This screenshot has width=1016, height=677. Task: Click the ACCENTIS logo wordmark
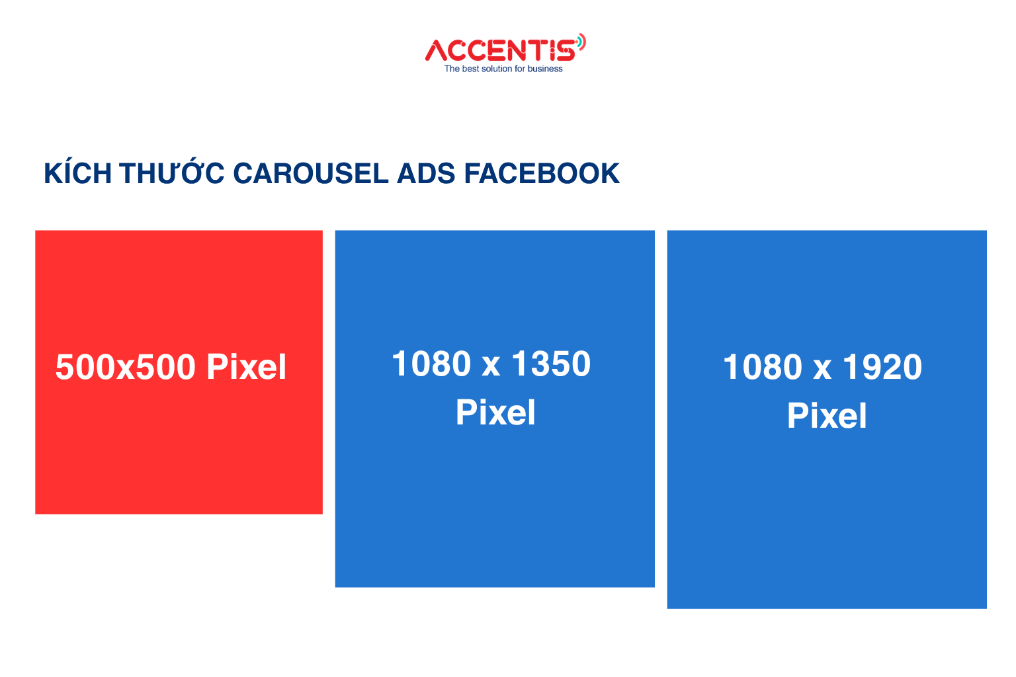coord(501,50)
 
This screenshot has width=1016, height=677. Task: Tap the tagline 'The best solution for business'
coord(503,69)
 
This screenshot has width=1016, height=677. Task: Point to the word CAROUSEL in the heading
coord(311,173)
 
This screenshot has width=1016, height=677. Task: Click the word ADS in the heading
coord(426,173)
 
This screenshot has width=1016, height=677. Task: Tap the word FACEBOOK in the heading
coord(542,173)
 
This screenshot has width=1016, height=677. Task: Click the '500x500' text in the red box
coord(125,367)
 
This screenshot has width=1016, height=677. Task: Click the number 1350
coord(551,364)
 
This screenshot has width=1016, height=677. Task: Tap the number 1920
coord(882,367)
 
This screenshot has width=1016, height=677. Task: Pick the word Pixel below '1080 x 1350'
coord(495,412)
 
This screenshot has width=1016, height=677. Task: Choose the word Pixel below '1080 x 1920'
coord(827,415)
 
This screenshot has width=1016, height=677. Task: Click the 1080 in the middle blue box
coord(431,364)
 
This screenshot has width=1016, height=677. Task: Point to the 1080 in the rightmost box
coord(763,367)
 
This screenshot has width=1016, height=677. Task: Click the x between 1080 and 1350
coord(491,368)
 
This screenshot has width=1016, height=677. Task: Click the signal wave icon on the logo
coord(581,42)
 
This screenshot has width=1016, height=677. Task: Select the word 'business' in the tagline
coord(545,69)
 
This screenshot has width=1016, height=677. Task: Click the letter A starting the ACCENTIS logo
coord(437,50)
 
